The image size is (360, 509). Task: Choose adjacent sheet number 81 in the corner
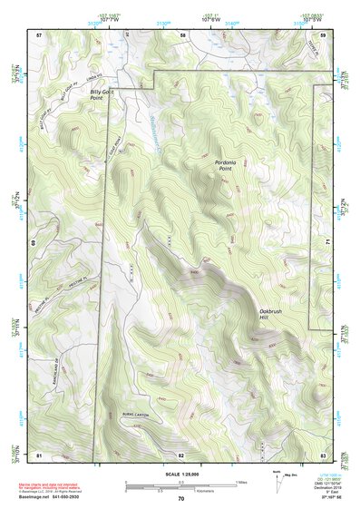pos(39,455)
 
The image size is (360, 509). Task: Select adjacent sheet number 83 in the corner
pos(323,455)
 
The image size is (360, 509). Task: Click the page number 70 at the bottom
pos(181,499)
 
